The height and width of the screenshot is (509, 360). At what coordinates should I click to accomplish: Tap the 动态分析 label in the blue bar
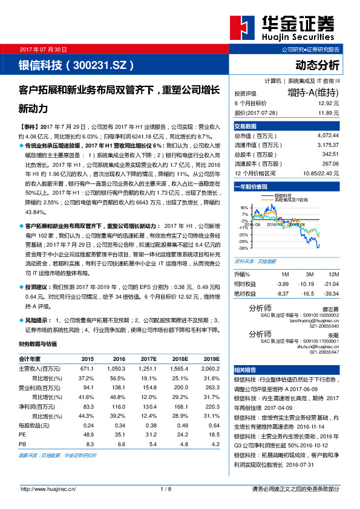click(x=317, y=65)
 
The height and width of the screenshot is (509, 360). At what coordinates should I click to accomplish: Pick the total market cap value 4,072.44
click(x=327, y=135)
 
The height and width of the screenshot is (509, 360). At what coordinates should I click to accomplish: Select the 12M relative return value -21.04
click(x=330, y=283)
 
